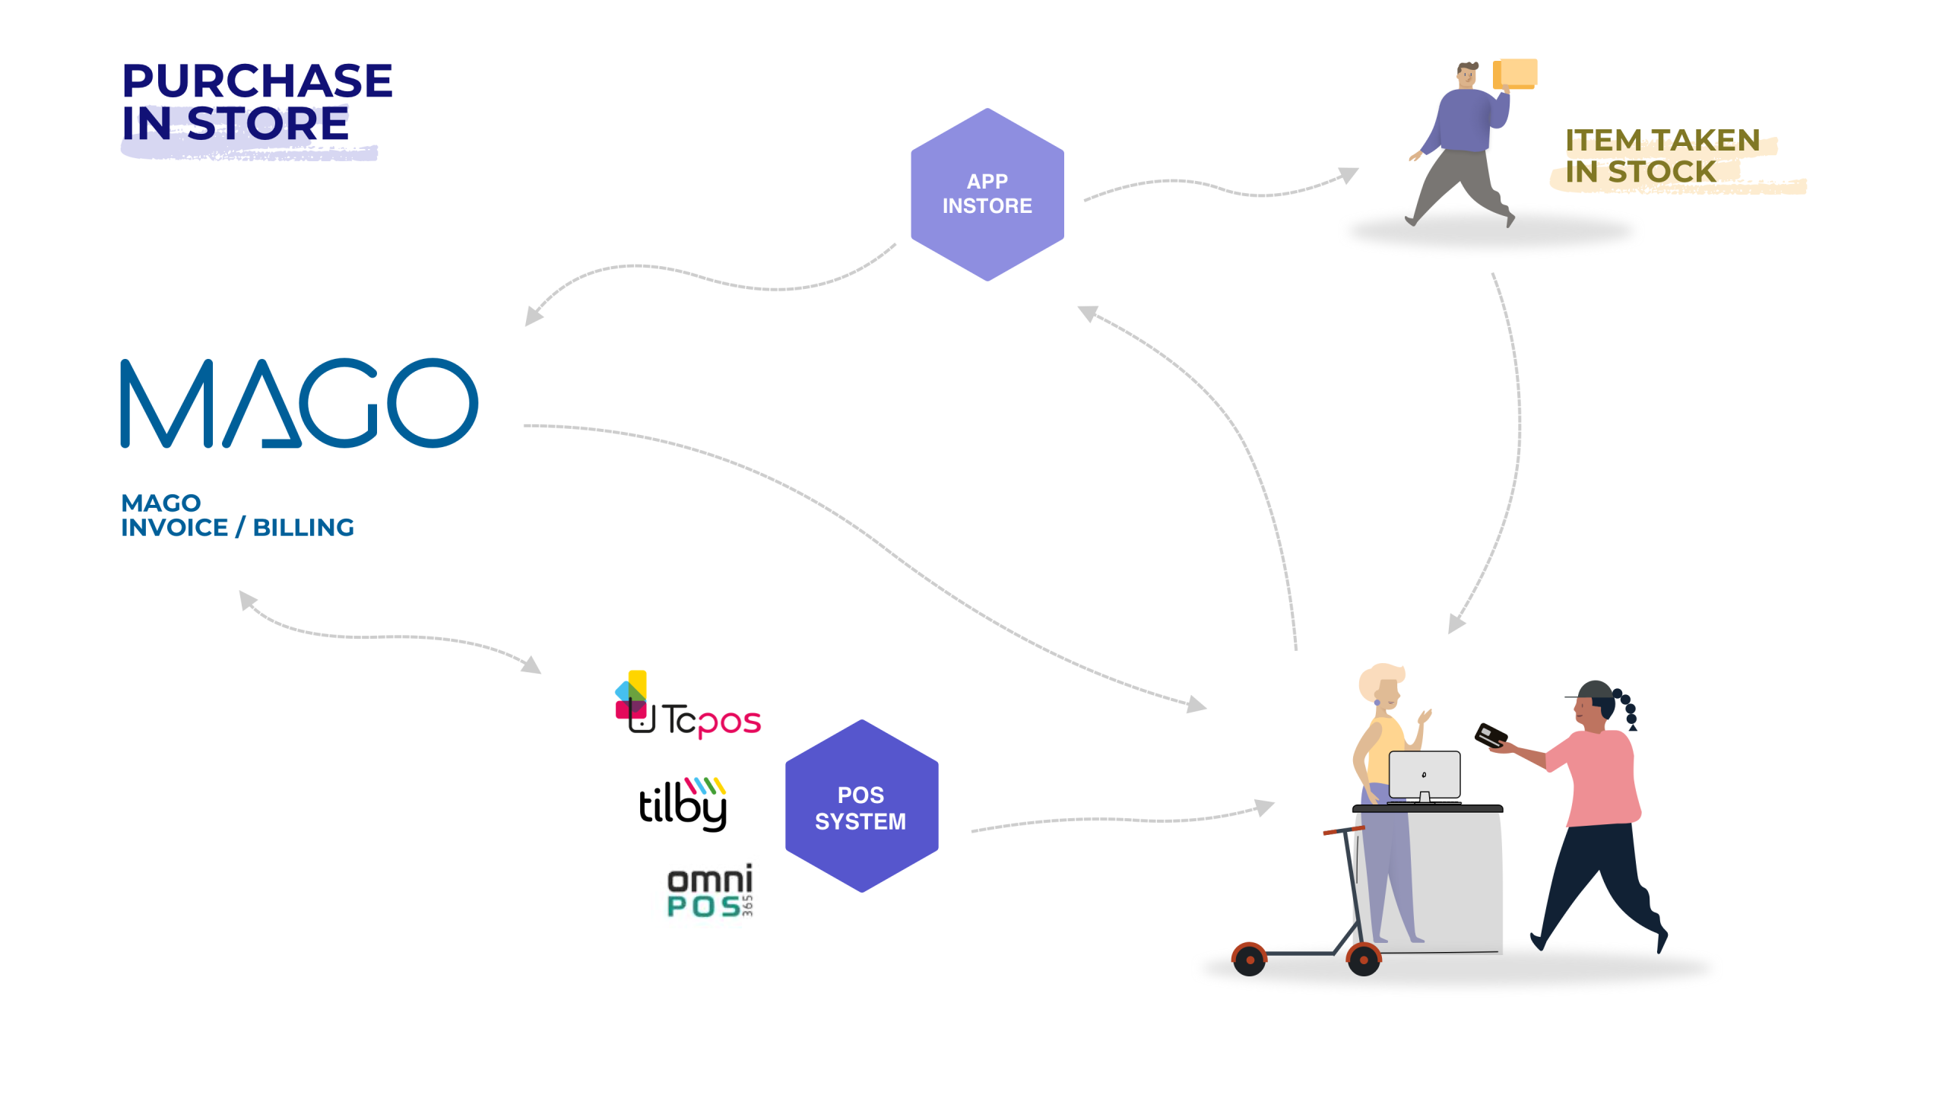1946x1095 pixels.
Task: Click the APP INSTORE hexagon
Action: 987,195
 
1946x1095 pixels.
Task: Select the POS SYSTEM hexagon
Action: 860,807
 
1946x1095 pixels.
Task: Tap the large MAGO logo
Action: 299,403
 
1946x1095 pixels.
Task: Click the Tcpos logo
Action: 688,707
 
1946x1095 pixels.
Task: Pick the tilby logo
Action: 683,803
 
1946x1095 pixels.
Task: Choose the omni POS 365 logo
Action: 710,890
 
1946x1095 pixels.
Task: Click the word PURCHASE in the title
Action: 257,81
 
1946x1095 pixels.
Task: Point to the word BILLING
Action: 303,528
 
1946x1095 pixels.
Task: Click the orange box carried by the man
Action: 1516,74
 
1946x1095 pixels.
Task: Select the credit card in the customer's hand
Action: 1491,735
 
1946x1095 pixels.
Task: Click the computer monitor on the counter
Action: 1424,774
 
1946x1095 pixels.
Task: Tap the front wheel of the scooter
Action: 1364,960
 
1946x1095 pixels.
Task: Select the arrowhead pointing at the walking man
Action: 1349,175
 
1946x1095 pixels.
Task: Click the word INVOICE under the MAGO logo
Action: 175,528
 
